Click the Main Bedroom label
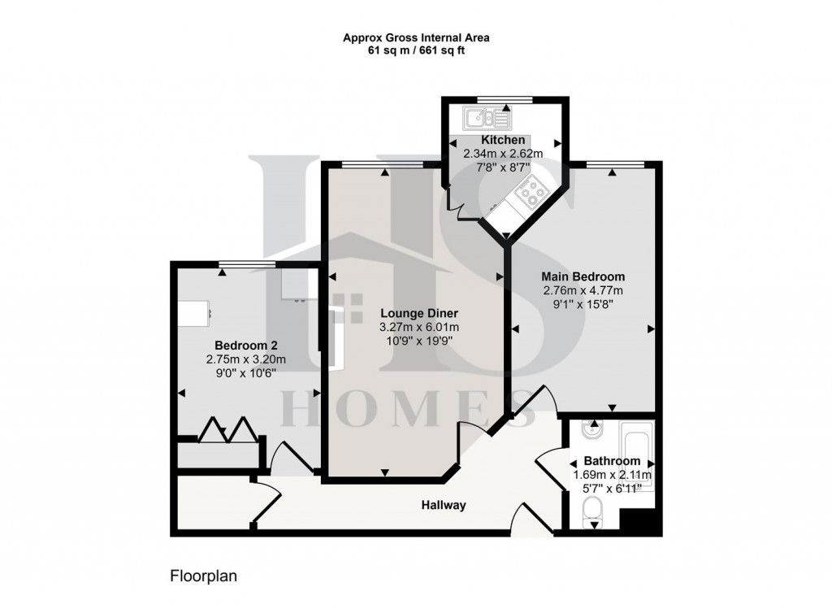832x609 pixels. (x=584, y=276)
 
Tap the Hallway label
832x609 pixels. (x=444, y=506)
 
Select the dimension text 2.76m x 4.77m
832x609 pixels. (x=583, y=290)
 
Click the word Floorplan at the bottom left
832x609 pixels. (x=202, y=576)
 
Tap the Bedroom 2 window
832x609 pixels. (x=246, y=263)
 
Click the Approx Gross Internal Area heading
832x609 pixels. (x=415, y=37)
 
